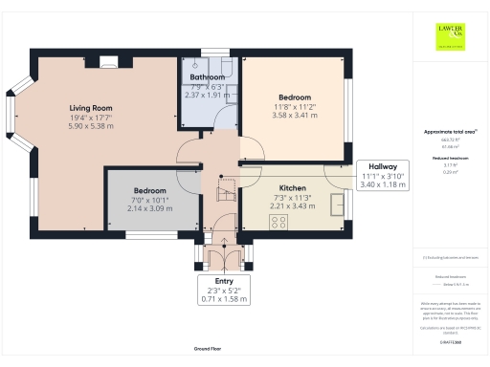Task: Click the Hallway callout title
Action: click(x=383, y=165)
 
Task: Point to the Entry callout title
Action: click(x=224, y=280)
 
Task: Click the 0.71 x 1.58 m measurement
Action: click(x=224, y=299)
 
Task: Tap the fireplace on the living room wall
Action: click(x=105, y=64)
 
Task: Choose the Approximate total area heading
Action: click(x=449, y=131)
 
